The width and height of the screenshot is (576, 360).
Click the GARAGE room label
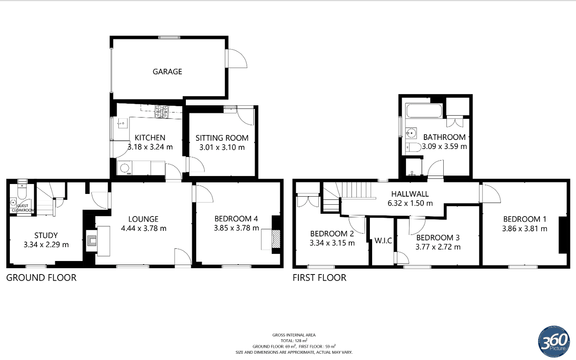coord(167,72)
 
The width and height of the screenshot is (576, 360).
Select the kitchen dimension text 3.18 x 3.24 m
coord(150,147)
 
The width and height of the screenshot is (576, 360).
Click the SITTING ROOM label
coord(222,138)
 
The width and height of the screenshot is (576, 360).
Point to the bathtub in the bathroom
coord(424,111)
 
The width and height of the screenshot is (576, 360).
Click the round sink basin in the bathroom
coord(411,133)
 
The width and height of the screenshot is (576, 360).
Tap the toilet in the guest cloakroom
coord(22,192)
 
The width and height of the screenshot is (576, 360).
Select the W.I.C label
coord(383,241)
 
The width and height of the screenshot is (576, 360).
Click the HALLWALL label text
coord(409,194)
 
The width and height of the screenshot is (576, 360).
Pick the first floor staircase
coord(358,190)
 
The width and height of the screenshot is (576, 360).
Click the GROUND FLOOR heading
coord(41,278)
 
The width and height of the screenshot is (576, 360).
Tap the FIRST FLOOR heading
coord(319,278)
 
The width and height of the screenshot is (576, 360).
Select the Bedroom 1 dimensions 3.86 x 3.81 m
coord(525,229)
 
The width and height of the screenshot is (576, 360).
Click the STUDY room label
coord(46,235)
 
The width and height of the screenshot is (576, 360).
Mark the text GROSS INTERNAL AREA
coord(294,335)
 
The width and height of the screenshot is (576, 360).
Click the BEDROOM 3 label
coord(438,238)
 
